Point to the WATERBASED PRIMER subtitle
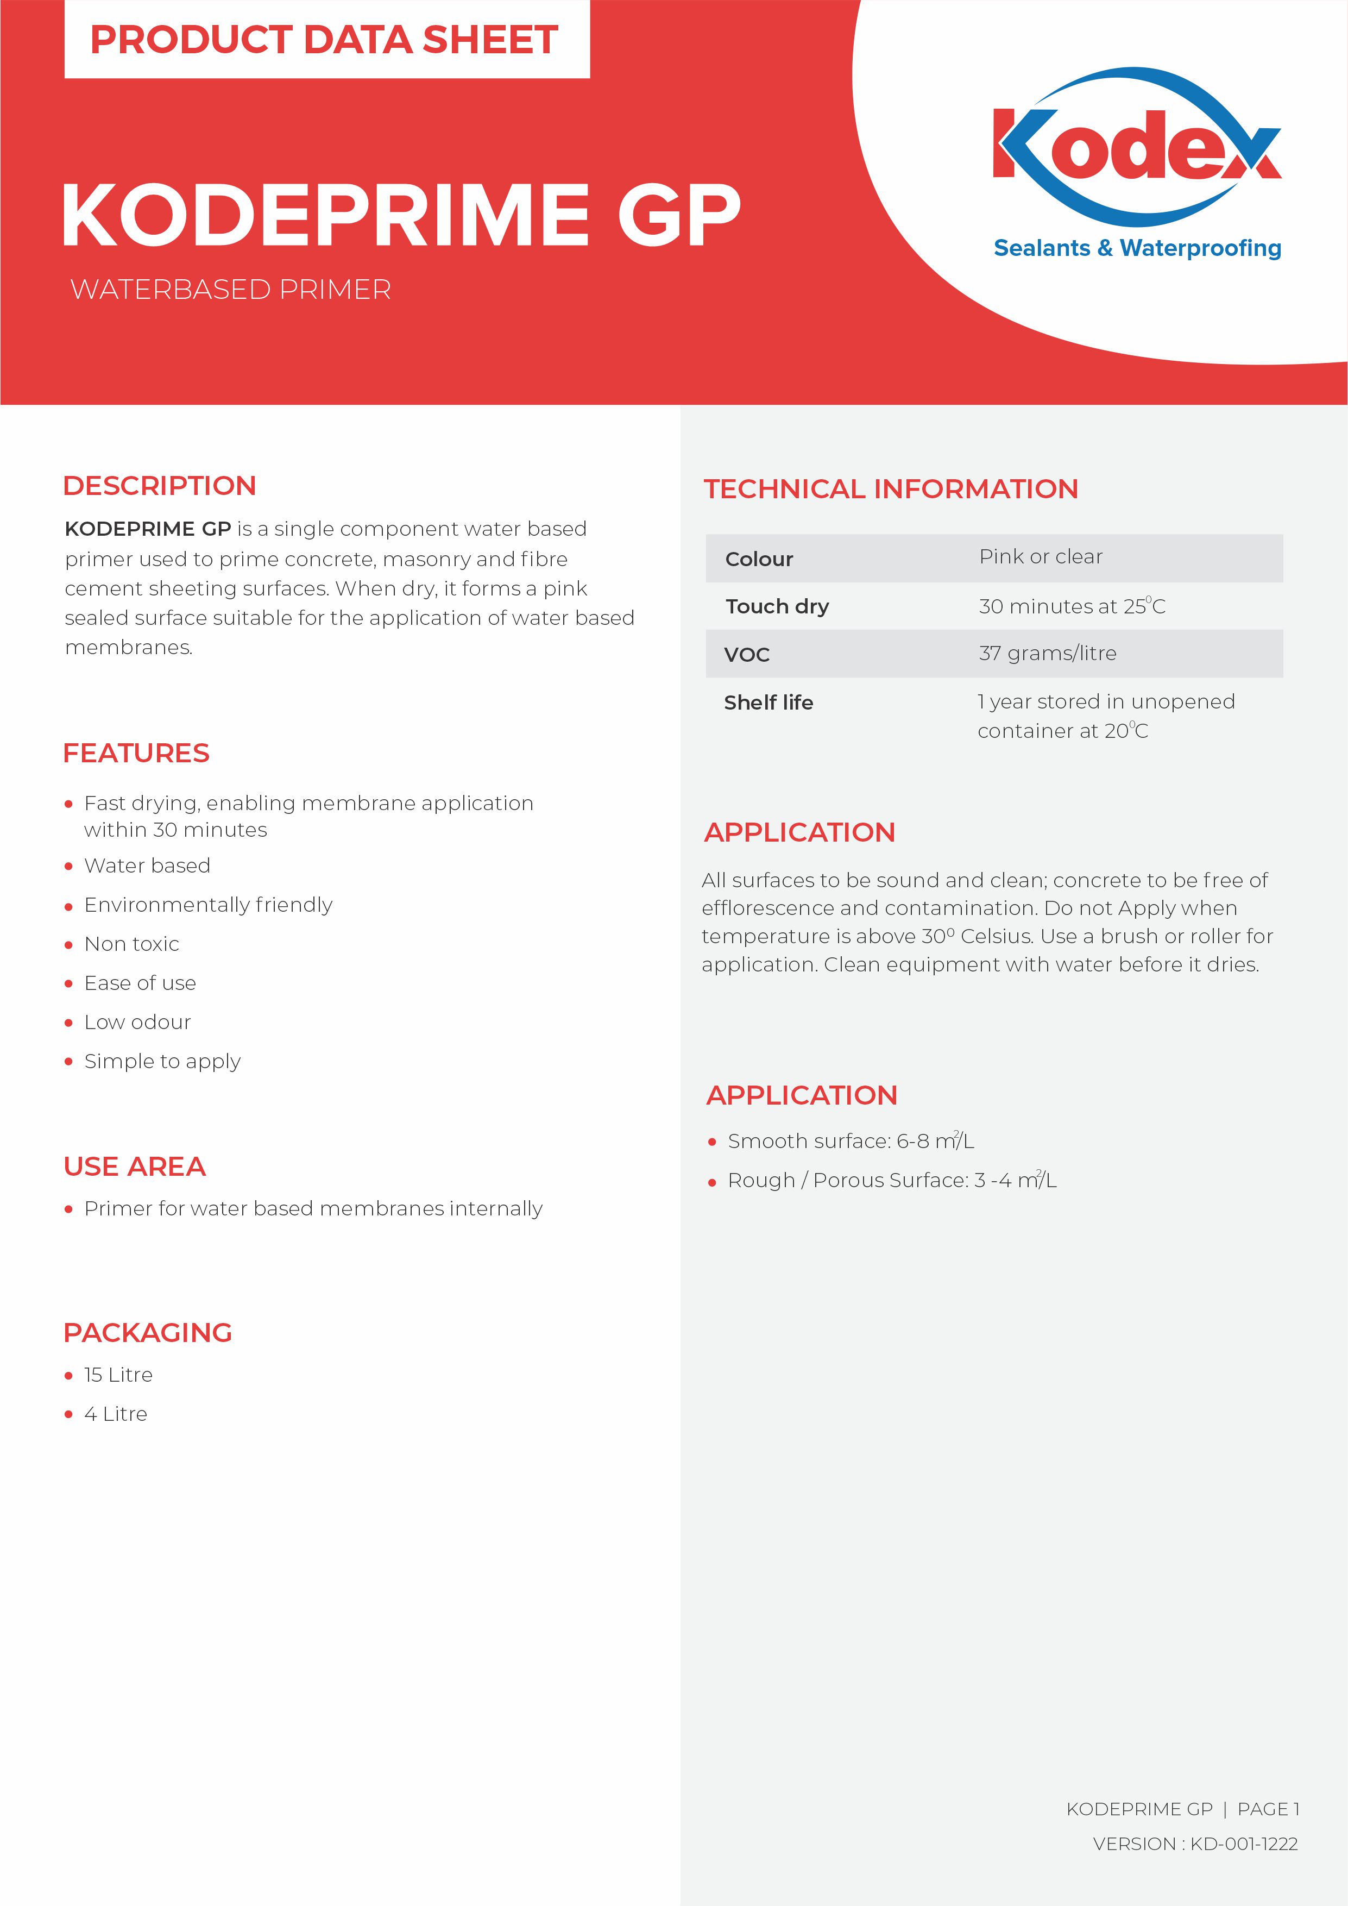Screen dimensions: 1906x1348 pos(231,290)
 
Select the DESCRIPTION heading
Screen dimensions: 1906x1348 pos(159,486)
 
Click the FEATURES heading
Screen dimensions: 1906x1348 pos(136,753)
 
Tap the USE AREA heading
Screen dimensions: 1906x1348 pos(135,1167)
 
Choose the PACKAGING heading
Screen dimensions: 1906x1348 pos(148,1332)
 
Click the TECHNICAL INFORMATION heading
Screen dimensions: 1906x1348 pos(891,489)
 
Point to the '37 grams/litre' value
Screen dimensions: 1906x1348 pos(1048,653)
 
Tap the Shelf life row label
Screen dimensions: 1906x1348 pos(768,703)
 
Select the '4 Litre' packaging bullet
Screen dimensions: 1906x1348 pos(115,1414)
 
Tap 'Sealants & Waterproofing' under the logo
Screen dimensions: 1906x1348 pos(1137,248)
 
